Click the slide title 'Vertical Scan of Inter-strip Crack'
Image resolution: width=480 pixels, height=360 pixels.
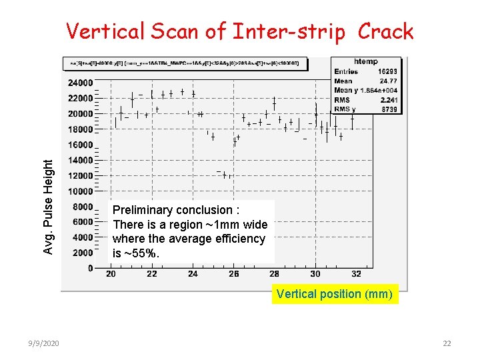click(x=239, y=31)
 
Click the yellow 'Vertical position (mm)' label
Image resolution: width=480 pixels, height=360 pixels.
click(x=335, y=293)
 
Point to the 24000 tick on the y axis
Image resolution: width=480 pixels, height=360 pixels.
click(x=80, y=83)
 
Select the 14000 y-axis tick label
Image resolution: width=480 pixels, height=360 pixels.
click(x=80, y=161)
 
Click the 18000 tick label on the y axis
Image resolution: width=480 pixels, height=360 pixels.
click(x=80, y=129)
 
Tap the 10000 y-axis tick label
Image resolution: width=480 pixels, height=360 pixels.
click(x=80, y=191)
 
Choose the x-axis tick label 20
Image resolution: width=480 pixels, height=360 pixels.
click(x=111, y=274)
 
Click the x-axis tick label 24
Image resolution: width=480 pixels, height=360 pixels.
click(x=193, y=274)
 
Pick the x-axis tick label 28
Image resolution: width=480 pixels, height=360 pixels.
click(x=274, y=274)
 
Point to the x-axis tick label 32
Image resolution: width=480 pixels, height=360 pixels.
click(x=356, y=274)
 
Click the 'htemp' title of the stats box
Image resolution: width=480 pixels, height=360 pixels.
click(x=367, y=61)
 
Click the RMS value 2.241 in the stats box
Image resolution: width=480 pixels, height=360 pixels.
click(x=390, y=100)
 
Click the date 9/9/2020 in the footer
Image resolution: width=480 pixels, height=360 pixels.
click(x=45, y=343)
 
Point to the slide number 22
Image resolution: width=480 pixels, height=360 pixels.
click(x=447, y=343)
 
